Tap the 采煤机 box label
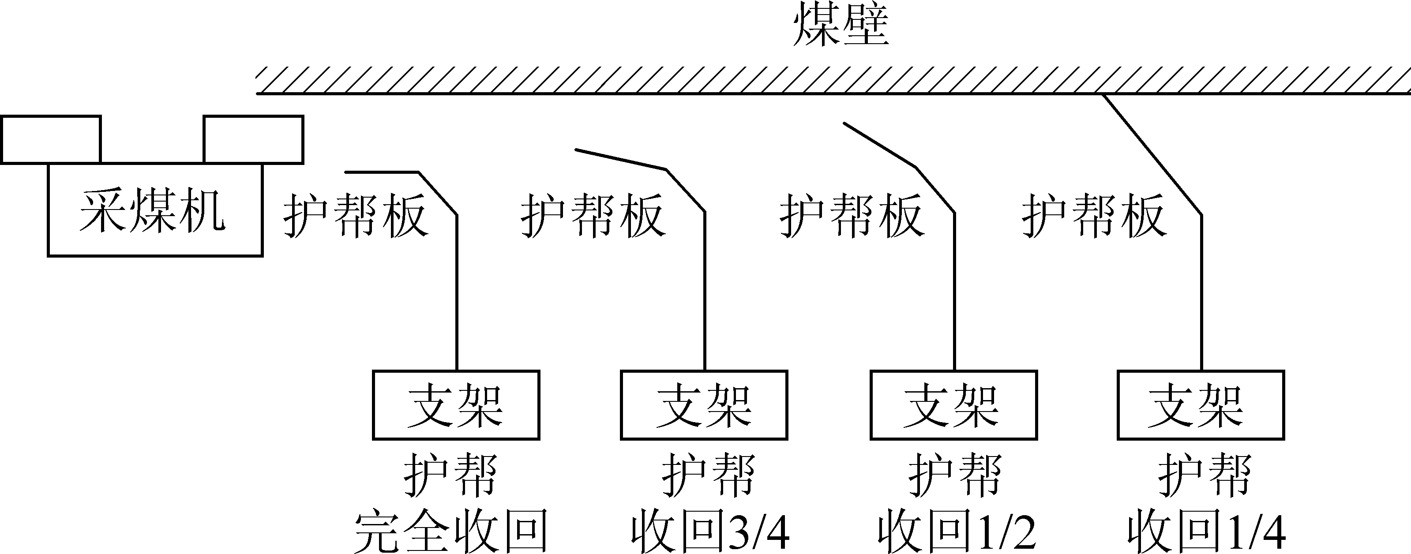[x=152, y=211]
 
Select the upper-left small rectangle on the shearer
[x=51, y=139]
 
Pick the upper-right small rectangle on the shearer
[x=254, y=139]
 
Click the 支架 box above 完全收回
[x=456, y=405]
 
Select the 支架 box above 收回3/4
[x=704, y=405]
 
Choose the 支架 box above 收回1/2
[x=953, y=405]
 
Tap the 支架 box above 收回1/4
[x=1201, y=405]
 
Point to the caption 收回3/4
[x=710, y=531]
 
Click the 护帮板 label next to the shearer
[x=355, y=216]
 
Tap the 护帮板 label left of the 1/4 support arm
[x=1093, y=216]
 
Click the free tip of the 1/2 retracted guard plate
[x=844, y=123]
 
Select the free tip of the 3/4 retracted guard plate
[x=576, y=150]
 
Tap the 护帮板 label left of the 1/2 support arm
[x=852, y=216]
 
